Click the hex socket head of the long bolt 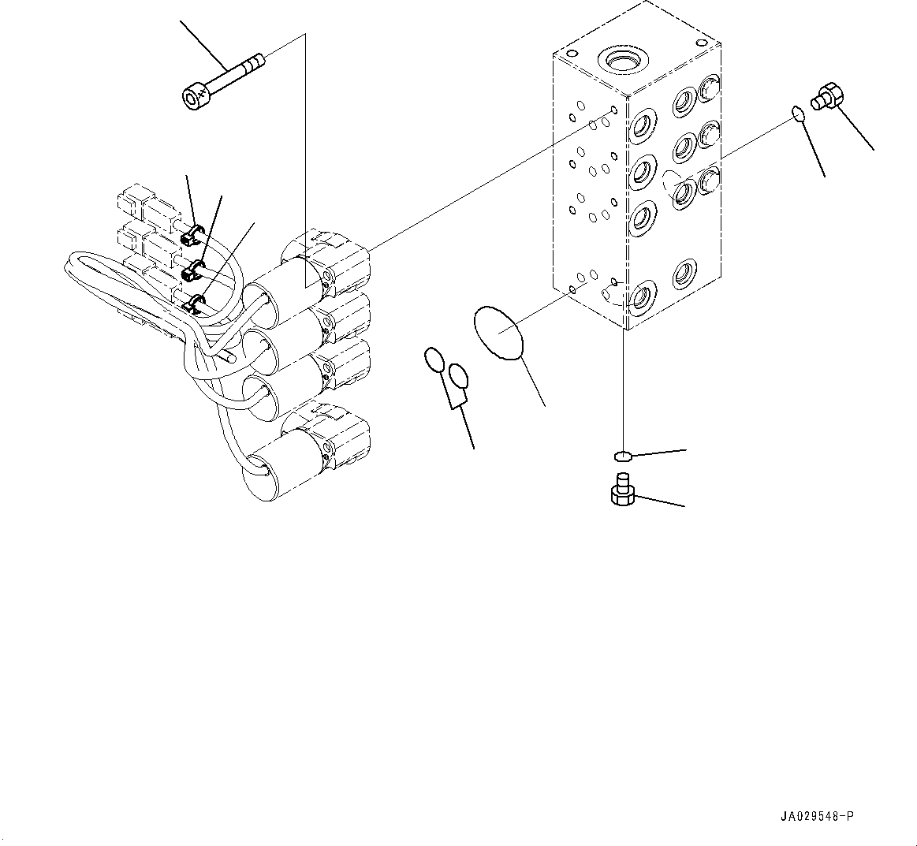195,98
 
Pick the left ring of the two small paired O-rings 434,360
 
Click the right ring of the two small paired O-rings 458,378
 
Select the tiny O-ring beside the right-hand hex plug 799,115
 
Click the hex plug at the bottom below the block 622,490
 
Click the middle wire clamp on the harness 192,273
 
